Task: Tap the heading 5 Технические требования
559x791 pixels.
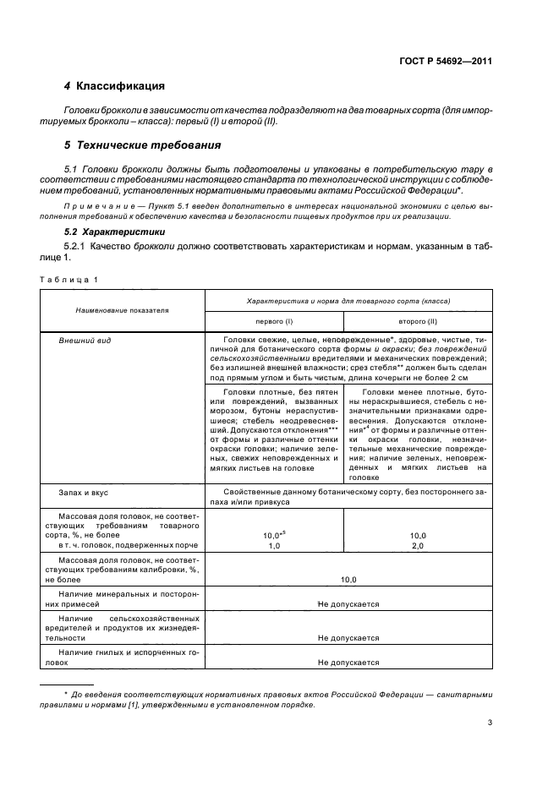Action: (x=142, y=145)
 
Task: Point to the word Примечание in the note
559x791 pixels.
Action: (x=93, y=205)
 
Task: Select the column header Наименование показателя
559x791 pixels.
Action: (x=122, y=310)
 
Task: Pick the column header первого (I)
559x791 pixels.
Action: (x=274, y=322)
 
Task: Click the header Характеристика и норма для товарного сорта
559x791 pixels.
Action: (x=348, y=301)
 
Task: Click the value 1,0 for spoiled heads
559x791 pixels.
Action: (x=274, y=547)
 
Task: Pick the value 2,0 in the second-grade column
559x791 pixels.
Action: (x=418, y=547)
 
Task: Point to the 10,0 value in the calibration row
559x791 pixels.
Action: (x=348, y=580)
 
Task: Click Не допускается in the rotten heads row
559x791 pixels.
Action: (x=348, y=663)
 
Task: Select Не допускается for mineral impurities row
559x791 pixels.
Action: (x=348, y=604)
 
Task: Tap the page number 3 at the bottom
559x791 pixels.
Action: (x=490, y=723)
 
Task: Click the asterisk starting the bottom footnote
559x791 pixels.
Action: (x=66, y=693)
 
